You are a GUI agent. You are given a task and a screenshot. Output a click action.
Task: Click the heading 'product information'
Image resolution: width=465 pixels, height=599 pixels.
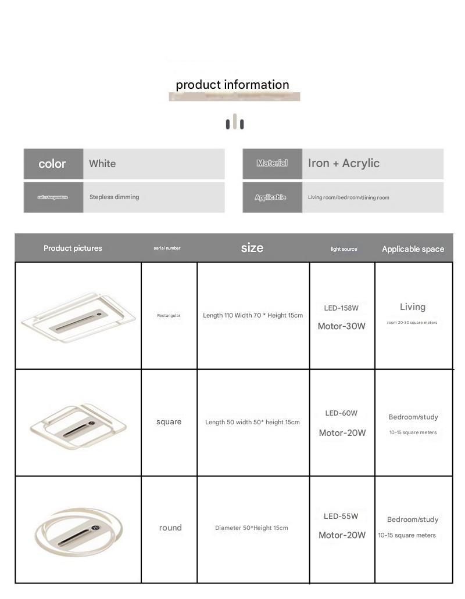(233, 85)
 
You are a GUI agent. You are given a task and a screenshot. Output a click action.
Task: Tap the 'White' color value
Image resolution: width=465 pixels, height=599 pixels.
(102, 164)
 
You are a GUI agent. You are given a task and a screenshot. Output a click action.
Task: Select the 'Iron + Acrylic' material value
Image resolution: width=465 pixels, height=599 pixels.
(344, 164)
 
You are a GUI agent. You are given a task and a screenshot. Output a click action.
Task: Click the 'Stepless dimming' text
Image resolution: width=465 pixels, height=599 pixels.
(114, 197)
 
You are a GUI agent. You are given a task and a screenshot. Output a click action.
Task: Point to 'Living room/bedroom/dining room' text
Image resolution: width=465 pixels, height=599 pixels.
(348, 197)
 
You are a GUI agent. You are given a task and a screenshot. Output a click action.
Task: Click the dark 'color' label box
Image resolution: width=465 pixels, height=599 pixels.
(53, 164)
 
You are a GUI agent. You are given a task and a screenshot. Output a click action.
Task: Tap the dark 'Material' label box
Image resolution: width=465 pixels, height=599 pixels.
(272, 164)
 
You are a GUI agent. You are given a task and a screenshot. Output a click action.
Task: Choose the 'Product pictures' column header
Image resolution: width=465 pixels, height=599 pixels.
(73, 248)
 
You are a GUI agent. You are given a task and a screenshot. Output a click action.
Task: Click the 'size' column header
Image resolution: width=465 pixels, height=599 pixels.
(252, 248)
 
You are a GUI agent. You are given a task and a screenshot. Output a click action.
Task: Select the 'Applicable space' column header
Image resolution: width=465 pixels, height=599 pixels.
(413, 249)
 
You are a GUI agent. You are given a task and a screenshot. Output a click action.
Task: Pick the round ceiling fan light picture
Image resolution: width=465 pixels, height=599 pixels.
(77, 529)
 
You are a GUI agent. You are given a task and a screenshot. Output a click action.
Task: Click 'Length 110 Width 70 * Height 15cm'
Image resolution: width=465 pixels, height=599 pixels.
(253, 316)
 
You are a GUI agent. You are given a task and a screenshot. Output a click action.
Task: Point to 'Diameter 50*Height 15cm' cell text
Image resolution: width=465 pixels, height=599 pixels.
(252, 528)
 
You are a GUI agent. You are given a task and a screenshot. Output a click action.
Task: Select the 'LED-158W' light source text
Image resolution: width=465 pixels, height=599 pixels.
(341, 308)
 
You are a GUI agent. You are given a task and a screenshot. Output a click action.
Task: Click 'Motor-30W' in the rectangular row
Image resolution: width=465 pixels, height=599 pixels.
(341, 326)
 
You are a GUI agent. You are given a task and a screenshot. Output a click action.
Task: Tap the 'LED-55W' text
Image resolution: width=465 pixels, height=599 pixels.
(341, 517)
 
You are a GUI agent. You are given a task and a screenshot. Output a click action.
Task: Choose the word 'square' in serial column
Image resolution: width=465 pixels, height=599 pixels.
(169, 422)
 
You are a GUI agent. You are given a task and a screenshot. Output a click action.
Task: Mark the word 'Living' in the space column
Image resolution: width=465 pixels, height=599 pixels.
(413, 307)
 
